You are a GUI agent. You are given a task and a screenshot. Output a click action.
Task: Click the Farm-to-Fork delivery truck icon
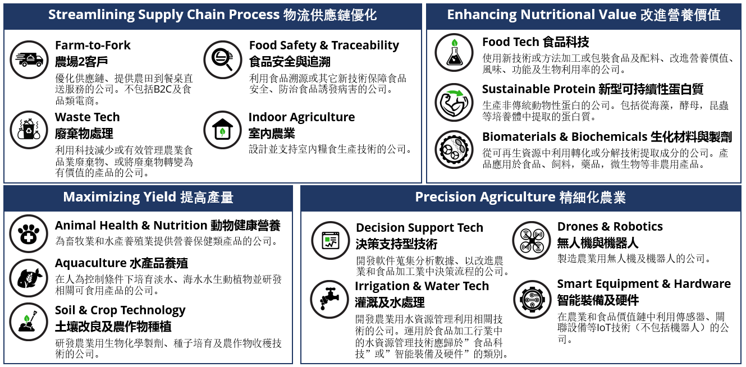pos(29,59)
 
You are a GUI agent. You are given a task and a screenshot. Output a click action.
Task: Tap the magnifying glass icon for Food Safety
pos(223,59)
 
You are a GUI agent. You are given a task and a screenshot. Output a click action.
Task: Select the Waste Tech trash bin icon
pos(29,130)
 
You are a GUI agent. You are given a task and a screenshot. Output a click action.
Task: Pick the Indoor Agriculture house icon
pos(222,130)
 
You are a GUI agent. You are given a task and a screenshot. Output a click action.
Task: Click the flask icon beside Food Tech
pos(454,53)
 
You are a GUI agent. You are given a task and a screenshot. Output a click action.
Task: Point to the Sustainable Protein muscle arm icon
pos(454,102)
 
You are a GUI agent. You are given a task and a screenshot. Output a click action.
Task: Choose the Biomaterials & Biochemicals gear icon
pos(454,149)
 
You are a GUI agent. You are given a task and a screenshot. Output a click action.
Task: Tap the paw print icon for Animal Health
pos(29,234)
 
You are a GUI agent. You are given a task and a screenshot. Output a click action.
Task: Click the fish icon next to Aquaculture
pos(29,278)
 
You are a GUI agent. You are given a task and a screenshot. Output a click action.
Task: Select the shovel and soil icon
pos(29,322)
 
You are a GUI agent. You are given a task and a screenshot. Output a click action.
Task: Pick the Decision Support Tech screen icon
pos(331,240)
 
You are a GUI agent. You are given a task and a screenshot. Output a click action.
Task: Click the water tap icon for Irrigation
pos(329,300)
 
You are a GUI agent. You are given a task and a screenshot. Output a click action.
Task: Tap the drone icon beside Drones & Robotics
pos(532,240)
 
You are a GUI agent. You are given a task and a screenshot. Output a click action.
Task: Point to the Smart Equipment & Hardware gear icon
pos(533,300)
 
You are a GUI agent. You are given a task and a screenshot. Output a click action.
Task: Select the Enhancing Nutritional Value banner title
pos(583,15)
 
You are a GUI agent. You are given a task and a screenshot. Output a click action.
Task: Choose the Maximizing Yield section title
pos(148,197)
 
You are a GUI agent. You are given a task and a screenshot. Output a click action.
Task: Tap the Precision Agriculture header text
pos(520,197)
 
